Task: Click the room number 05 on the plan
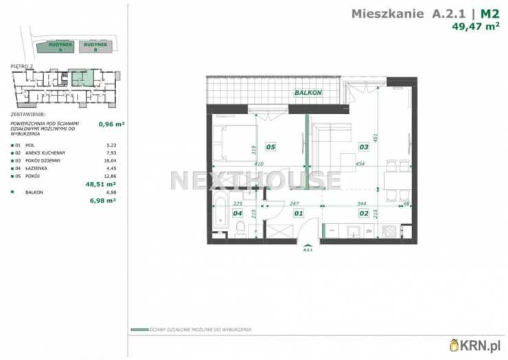pos(270,146)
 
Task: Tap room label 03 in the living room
pos(364,146)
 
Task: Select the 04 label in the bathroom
pos(238,213)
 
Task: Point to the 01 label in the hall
pos(299,213)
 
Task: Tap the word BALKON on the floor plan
pos(308,92)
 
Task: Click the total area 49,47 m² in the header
pos(475,27)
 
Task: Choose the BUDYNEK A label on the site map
pos(57,47)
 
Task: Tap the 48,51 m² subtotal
pos(100,183)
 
